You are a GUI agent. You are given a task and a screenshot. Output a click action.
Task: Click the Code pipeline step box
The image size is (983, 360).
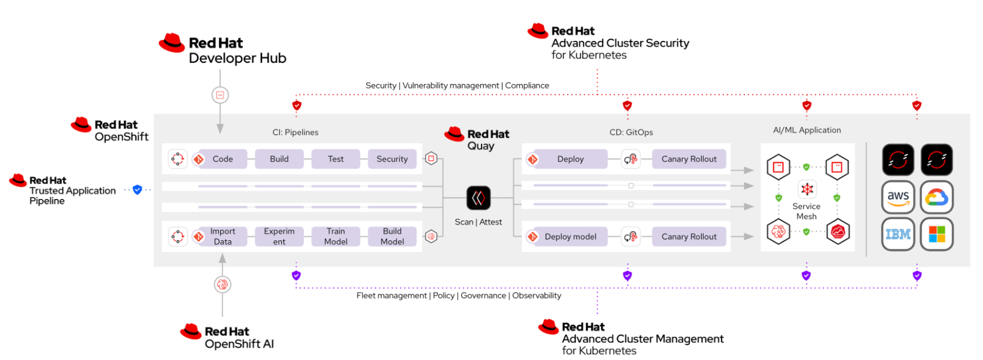coord(223,159)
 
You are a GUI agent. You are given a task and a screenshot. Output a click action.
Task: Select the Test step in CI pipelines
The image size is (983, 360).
coord(336,159)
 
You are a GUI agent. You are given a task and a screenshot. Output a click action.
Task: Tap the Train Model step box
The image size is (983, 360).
coord(336,236)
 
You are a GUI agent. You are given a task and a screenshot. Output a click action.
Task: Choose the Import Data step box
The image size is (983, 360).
coord(223,236)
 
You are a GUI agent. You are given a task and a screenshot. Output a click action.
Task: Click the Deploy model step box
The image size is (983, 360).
coord(570,236)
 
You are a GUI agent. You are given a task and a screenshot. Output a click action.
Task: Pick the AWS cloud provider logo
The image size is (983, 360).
coord(898,197)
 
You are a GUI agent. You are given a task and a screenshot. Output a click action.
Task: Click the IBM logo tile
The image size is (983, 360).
coord(898,234)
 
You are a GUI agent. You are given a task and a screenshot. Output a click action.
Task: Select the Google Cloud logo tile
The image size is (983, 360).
coord(937,197)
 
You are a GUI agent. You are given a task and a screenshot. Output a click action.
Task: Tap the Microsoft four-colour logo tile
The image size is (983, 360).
coord(937,234)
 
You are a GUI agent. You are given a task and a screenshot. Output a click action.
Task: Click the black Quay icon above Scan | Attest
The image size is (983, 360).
coord(478,198)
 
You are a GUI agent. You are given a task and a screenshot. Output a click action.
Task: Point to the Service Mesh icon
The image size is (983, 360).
coord(807,189)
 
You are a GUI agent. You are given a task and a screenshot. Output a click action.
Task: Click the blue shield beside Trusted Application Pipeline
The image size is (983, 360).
coord(138,190)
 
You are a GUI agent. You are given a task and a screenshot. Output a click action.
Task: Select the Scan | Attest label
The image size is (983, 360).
coord(478,222)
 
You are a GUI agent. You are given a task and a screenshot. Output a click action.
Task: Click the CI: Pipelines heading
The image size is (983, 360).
coord(295,132)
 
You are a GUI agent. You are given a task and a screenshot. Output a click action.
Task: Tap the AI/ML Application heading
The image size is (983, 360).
coord(807,130)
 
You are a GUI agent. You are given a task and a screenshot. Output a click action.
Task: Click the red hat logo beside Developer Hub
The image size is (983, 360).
coord(172,43)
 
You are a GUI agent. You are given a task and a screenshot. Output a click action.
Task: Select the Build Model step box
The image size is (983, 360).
coord(392,236)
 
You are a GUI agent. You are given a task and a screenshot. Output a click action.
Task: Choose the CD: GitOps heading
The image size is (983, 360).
coord(631,132)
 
